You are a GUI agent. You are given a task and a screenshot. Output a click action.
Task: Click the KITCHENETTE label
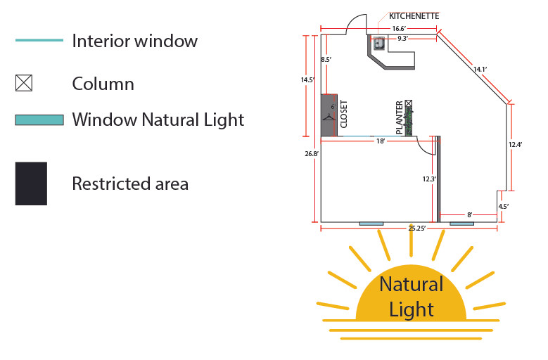click(414, 16)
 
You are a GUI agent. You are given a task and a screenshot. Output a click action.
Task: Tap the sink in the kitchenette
click(378, 44)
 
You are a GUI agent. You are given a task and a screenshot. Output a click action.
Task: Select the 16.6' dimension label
click(399, 29)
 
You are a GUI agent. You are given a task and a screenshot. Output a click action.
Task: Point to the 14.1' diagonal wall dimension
click(480, 70)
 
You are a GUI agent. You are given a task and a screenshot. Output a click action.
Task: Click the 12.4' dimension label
click(516, 145)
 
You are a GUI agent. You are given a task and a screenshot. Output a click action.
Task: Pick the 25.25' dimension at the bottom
click(417, 229)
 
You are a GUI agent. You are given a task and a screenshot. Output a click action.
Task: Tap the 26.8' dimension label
click(312, 154)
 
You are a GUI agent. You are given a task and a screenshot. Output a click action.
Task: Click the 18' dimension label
click(381, 141)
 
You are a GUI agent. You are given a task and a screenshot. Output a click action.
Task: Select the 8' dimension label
click(470, 214)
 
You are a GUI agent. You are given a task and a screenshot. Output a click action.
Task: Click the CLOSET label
click(344, 114)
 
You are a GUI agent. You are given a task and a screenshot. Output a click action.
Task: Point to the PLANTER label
click(400, 117)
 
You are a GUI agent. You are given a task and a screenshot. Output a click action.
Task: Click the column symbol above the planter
click(409, 103)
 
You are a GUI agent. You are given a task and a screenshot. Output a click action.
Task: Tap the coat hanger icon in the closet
click(329, 117)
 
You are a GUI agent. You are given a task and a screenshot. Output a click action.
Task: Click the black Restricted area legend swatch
click(31, 184)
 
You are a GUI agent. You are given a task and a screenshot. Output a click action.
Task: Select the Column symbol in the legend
click(24, 83)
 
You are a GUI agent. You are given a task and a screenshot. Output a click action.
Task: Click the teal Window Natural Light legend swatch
click(39, 120)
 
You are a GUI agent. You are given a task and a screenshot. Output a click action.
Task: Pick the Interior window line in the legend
click(39, 40)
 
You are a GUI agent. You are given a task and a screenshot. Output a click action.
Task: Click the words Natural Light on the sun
click(412, 297)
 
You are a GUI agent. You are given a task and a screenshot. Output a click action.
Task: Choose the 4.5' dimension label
click(504, 206)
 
